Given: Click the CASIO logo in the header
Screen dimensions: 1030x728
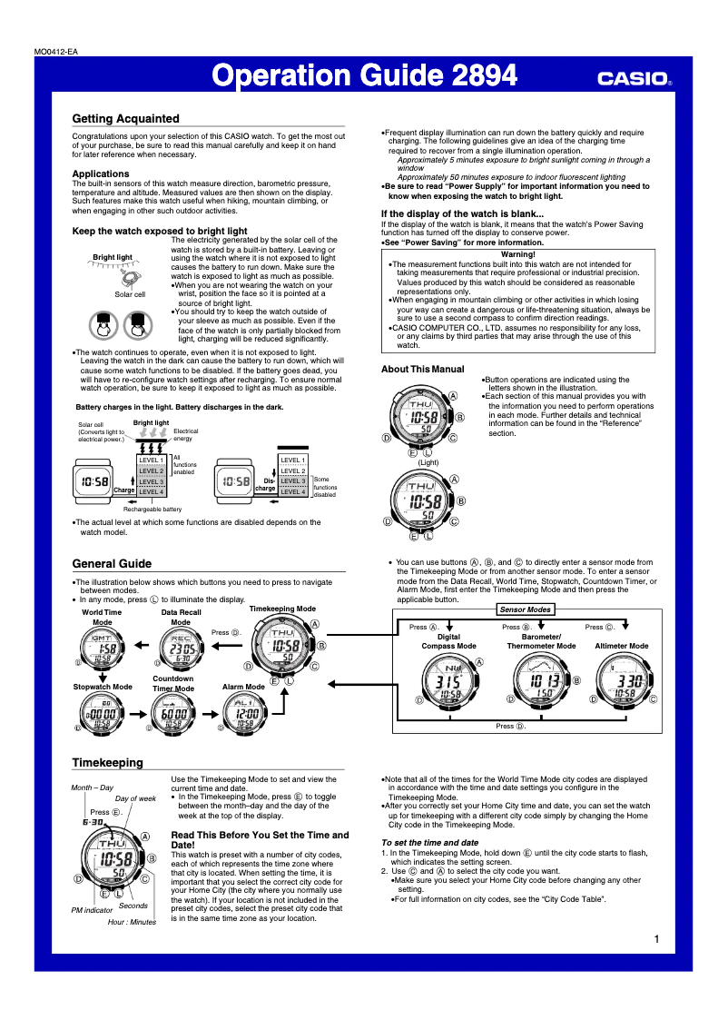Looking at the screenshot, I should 634,79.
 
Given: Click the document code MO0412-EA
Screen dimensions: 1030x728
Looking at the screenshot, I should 54,52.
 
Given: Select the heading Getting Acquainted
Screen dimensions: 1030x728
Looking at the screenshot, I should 125,119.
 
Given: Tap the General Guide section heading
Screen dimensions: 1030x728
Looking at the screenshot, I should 112,563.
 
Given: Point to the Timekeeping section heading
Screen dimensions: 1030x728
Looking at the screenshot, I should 107,762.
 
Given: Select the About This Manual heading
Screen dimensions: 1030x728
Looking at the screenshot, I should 422,370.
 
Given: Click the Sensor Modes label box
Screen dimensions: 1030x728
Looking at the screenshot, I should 526,609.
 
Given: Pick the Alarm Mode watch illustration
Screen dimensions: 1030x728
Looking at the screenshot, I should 243,715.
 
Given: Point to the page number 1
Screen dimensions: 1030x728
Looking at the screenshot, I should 655,938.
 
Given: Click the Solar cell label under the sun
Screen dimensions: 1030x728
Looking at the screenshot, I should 130,294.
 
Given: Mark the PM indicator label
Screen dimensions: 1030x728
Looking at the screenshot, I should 92,909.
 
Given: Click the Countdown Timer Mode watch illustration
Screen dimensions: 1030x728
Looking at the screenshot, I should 172,715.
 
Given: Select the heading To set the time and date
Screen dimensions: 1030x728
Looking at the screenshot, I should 428,842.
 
